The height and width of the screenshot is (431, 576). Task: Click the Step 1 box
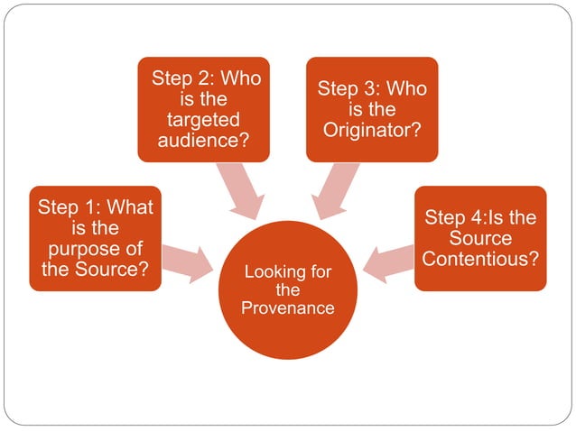(95, 238)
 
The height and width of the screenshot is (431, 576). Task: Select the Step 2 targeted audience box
(203, 109)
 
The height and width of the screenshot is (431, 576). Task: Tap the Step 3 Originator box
(371, 109)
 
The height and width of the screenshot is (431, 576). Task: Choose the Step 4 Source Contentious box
(480, 238)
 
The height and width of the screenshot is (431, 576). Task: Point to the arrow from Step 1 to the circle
(186, 261)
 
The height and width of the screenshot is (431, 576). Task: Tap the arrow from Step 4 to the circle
(389, 261)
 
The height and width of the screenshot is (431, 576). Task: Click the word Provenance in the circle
(288, 308)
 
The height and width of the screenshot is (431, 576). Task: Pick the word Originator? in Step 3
(371, 130)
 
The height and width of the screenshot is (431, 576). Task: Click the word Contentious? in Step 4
(480, 260)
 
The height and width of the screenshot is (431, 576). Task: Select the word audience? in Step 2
(204, 141)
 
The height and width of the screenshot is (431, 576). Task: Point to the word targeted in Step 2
(204, 120)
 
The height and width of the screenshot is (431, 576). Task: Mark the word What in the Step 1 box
(129, 207)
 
